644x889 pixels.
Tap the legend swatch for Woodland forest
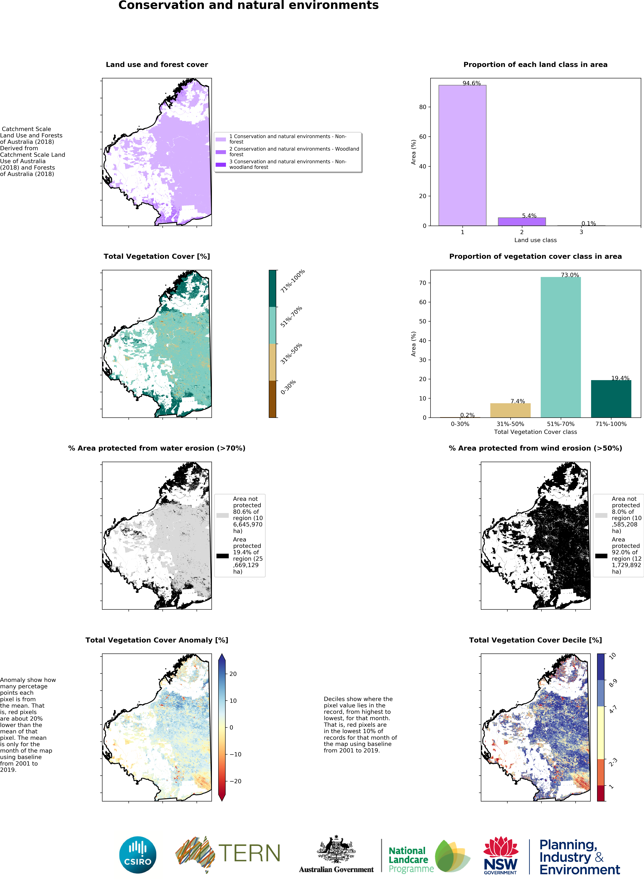(x=221, y=152)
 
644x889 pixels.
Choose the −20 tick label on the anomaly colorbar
(x=235, y=781)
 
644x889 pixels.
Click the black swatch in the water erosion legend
(x=222, y=556)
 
